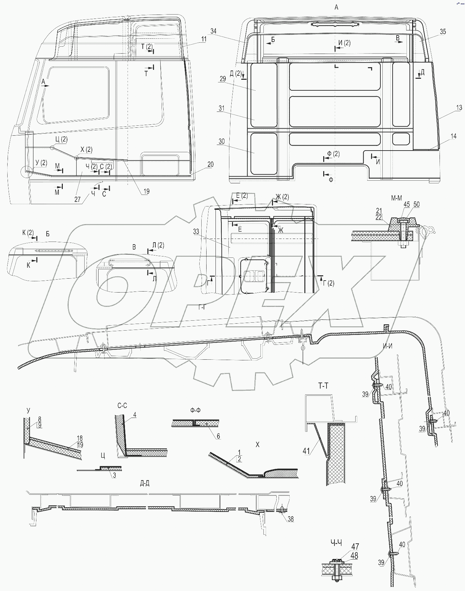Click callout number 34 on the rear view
click(x=213, y=31)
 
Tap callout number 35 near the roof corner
click(x=443, y=31)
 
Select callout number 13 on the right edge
click(x=459, y=108)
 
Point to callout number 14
click(x=453, y=136)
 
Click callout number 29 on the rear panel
click(x=222, y=79)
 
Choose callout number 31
click(x=221, y=108)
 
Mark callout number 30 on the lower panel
click(x=221, y=141)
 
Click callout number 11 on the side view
click(x=204, y=39)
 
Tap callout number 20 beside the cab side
click(x=210, y=164)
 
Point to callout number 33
click(x=196, y=232)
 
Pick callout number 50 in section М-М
click(x=416, y=205)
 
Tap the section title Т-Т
click(x=323, y=386)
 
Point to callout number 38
click(x=291, y=519)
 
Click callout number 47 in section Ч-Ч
click(x=355, y=547)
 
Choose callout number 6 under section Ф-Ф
click(x=218, y=436)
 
